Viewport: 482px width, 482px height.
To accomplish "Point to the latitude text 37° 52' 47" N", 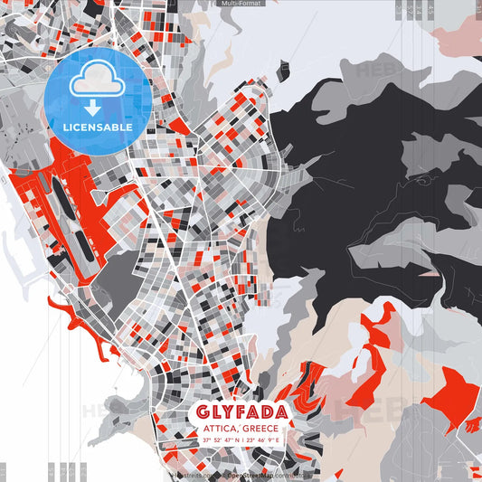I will [221, 439].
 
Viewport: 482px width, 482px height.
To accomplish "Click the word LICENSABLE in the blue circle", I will [98, 128].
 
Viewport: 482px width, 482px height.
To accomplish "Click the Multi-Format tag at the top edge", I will [241, 4].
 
